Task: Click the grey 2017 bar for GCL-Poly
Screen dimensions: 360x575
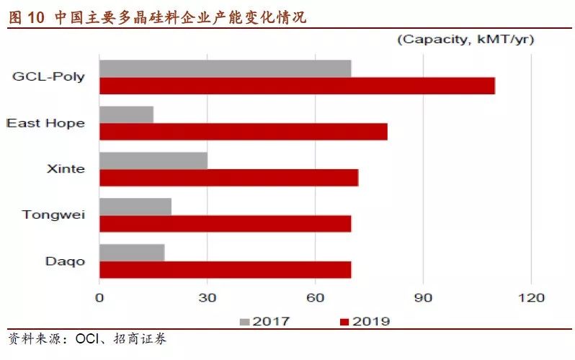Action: (225, 68)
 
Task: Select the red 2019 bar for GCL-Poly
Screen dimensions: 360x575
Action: (297, 86)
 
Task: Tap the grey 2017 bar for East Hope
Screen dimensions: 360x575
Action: (126, 114)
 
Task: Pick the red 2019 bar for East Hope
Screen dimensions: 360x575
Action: (243, 132)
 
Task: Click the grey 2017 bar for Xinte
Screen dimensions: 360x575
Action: (153, 161)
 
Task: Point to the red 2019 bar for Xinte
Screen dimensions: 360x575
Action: (228, 177)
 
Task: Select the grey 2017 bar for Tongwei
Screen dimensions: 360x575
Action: (135, 207)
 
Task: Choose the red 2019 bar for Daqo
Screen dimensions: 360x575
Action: (225, 270)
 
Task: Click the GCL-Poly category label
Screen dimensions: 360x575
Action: (48, 77)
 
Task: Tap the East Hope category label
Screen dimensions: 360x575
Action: (45, 123)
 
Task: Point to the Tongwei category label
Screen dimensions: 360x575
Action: (53, 215)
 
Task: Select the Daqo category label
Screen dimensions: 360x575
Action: (65, 261)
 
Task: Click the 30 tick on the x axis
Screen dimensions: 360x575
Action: (208, 297)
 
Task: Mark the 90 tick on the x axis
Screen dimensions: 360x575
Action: (423, 297)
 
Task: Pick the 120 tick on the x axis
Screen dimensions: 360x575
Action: (531, 297)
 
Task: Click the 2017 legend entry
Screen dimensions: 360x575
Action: (264, 321)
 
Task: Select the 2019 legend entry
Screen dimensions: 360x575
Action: (365, 321)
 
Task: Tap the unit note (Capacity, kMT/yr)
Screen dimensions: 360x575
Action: (465, 40)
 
